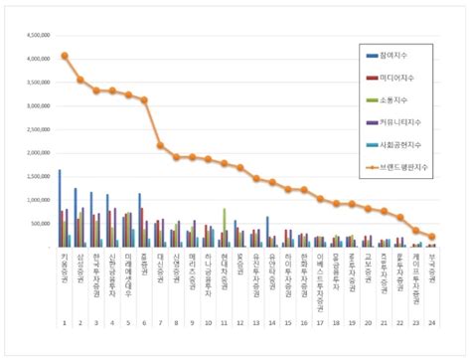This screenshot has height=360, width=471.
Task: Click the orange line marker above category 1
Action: pos(65,56)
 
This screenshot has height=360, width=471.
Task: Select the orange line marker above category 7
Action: pos(160,145)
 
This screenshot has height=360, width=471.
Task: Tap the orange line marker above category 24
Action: pos(432,237)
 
